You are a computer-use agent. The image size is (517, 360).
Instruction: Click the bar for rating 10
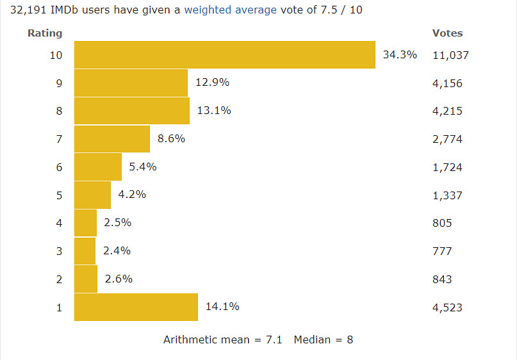point(224,55)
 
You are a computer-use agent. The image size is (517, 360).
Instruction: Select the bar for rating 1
point(136,307)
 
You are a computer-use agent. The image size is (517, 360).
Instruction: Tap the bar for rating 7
point(111,139)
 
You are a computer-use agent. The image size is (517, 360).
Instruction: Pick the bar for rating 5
point(92,195)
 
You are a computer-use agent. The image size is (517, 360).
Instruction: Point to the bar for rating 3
point(85,251)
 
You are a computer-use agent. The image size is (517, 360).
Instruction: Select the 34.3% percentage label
point(400,55)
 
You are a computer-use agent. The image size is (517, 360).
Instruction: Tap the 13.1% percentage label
point(214,111)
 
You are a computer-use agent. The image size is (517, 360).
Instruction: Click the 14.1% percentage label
point(222,307)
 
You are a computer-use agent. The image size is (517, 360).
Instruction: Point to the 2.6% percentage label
point(118,279)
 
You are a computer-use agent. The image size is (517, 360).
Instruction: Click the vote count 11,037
point(450,55)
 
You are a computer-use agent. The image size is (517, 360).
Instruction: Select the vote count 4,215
point(447,111)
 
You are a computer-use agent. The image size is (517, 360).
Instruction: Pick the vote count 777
point(442,251)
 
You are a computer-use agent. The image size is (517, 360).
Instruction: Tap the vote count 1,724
point(447,167)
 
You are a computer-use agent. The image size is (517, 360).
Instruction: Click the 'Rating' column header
point(45,33)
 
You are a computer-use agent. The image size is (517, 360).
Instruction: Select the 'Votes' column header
point(447,33)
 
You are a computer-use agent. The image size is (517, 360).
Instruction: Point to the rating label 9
point(59,83)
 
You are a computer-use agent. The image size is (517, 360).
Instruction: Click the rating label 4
point(59,223)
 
